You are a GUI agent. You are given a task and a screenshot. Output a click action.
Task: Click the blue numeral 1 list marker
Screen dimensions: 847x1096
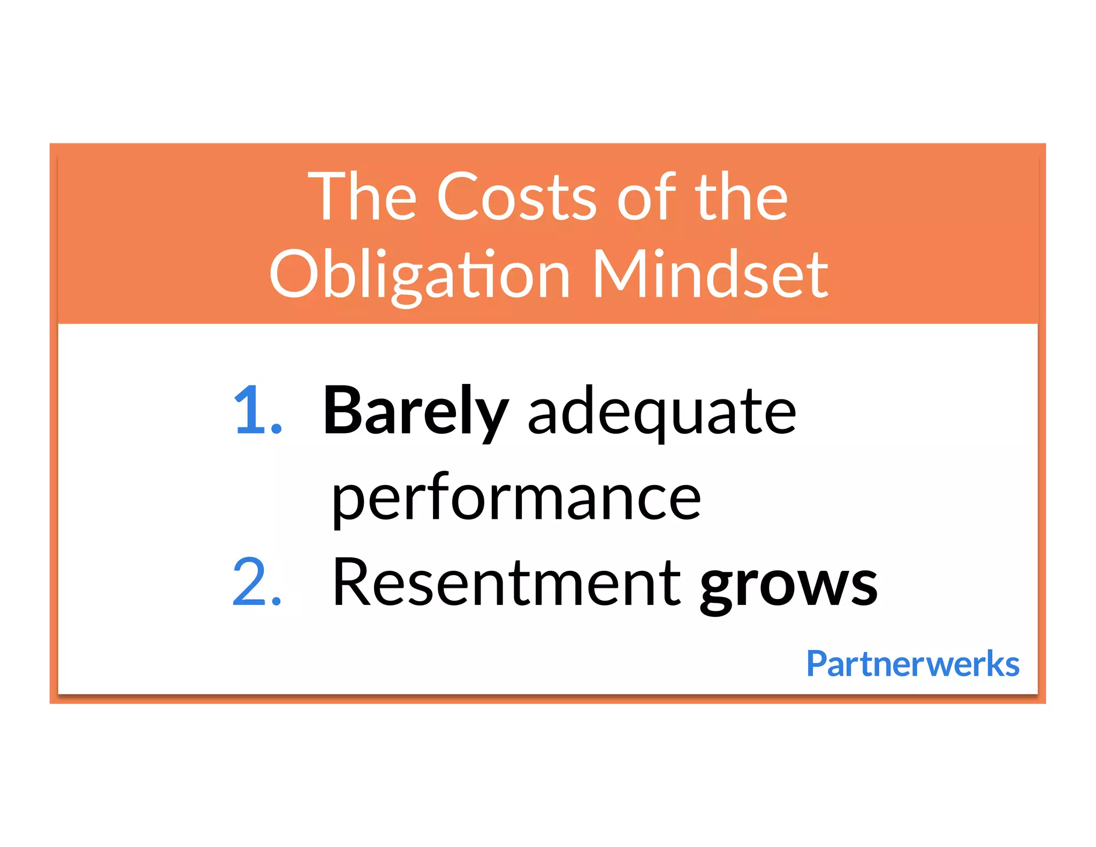[x=250, y=410]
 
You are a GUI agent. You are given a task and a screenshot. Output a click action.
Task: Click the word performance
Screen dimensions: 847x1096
[x=516, y=499]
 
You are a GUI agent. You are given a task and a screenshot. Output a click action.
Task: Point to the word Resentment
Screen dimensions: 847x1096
[x=506, y=583]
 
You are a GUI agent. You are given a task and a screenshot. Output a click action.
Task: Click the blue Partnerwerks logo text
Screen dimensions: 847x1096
[x=912, y=664]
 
